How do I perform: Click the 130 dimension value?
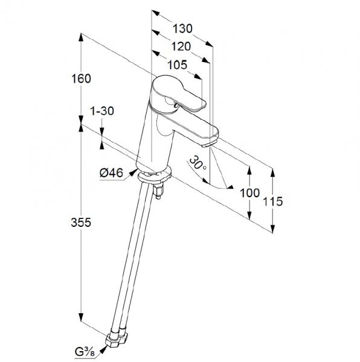(x=182, y=28)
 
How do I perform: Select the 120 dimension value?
(x=181, y=46)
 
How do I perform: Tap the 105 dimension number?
(x=177, y=65)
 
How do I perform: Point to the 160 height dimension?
(x=81, y=78)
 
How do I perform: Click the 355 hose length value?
(x=81, y=223)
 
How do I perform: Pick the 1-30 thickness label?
(x=102, y=111)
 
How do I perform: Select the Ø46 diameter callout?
(x=111, y=173)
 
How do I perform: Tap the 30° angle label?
(x=198, y=163)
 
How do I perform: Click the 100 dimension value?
(x=250, y=193)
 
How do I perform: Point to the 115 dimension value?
(x=273, y=202)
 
